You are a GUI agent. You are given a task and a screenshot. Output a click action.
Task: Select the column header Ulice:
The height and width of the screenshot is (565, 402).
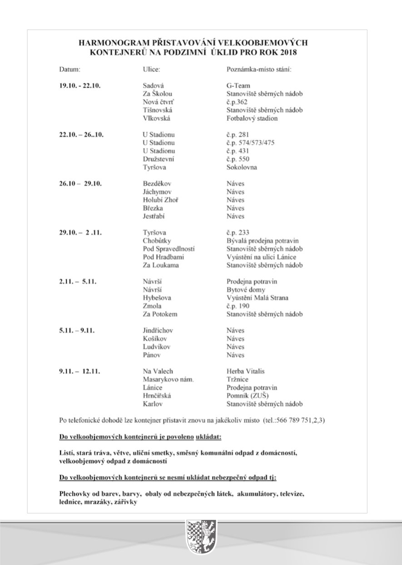tap(152, 70)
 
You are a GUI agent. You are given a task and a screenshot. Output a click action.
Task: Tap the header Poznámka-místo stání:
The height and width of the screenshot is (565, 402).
tap(258, 70)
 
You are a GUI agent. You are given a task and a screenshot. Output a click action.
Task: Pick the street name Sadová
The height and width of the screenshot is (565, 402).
tap(154, 85)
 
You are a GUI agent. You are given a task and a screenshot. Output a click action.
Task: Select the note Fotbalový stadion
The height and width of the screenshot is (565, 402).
tap(252, 119)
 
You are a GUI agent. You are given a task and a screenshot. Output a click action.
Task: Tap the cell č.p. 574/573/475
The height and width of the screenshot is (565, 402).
tap(250, 143)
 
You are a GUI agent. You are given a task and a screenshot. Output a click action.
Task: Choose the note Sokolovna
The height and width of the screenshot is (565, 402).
tap(242, 167)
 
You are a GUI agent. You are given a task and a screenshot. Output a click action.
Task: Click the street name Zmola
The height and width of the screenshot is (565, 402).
tap(153, 306)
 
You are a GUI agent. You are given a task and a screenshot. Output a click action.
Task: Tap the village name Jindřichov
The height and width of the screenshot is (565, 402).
tap(158, 331)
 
